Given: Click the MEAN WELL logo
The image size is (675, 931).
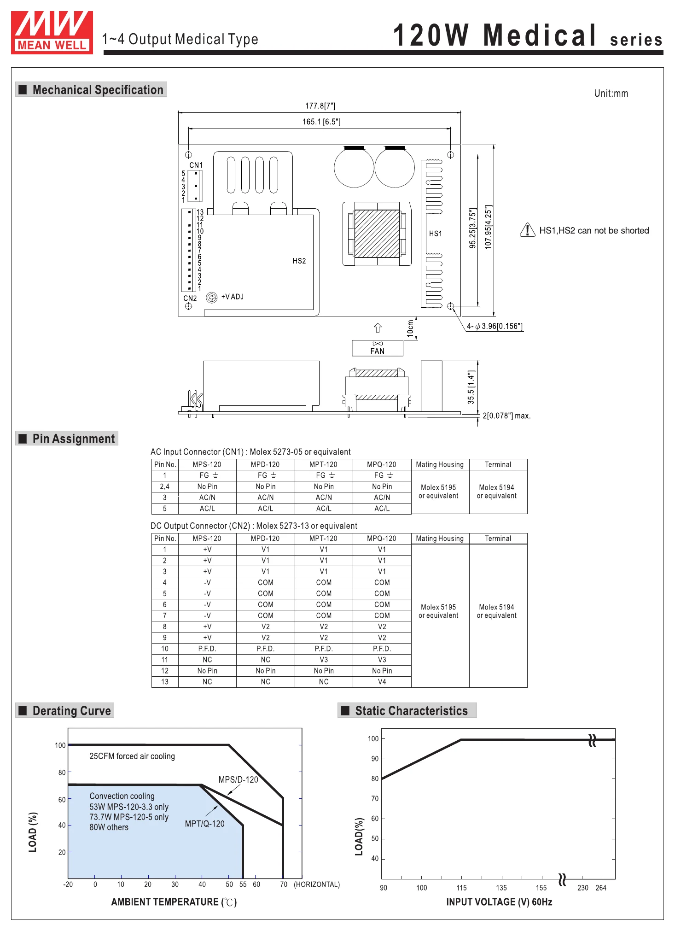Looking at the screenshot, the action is [x=52, y=32].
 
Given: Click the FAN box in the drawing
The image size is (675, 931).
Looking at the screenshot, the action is [x=378, y=348].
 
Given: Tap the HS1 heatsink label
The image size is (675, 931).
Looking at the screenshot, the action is [x=436, y=234].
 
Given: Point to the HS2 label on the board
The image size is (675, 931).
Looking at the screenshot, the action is [x=299, y=261].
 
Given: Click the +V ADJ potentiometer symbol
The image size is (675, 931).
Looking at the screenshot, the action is [x=212, y=298].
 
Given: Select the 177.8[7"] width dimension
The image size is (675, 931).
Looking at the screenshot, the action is [x=320, y=106].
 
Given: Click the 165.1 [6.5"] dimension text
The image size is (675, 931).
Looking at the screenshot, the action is [x=321, y=122].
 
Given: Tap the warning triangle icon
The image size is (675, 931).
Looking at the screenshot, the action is [x=527, y=229].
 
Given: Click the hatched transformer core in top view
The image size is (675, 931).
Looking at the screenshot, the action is [x=377, y=234].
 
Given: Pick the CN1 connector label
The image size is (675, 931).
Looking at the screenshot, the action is [x=196, y=165].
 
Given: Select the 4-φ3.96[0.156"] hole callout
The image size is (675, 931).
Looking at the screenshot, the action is [x=495, y=326].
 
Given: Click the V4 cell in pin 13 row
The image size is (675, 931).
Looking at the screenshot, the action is [x=382, y=682].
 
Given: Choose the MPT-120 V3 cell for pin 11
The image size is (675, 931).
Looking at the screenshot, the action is [x=324, y=660].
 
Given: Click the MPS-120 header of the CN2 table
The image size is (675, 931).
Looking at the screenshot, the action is [x=207, y=539].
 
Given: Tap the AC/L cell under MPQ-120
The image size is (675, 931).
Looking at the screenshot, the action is [x=382, y=509].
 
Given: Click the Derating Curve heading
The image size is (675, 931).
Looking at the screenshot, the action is [x=71, y=711].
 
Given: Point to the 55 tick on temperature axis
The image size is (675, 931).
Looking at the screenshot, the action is [x=243, y=884].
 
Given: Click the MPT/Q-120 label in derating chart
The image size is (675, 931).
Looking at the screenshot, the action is [x=205, y=824].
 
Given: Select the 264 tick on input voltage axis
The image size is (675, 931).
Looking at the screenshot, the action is [x=601, y=888].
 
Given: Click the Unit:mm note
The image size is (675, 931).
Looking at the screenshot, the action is [x=611, y=94].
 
